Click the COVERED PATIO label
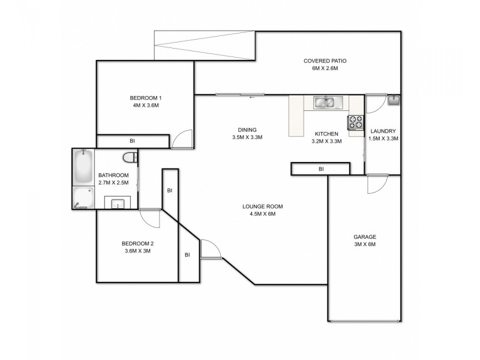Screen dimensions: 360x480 pos(325,61)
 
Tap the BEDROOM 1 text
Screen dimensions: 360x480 pos(146,98)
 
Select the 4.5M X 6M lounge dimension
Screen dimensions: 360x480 pos(262,214)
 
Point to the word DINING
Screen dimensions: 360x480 pos(247,130)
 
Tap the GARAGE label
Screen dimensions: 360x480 pos(364,236)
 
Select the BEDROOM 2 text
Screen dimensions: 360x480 pos(138,243)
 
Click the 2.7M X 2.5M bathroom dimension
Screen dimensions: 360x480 pos(113,183)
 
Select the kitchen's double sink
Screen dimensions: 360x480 pos(325,102)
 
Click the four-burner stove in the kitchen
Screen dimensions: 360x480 pos(356,122)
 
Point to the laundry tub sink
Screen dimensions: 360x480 pos(393,100)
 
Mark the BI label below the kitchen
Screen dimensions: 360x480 pos(321,169)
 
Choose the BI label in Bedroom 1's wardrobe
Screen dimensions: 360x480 pos(132,141)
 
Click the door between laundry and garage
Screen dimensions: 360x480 pos(378,184)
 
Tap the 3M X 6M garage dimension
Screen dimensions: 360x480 pos(364,244)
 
